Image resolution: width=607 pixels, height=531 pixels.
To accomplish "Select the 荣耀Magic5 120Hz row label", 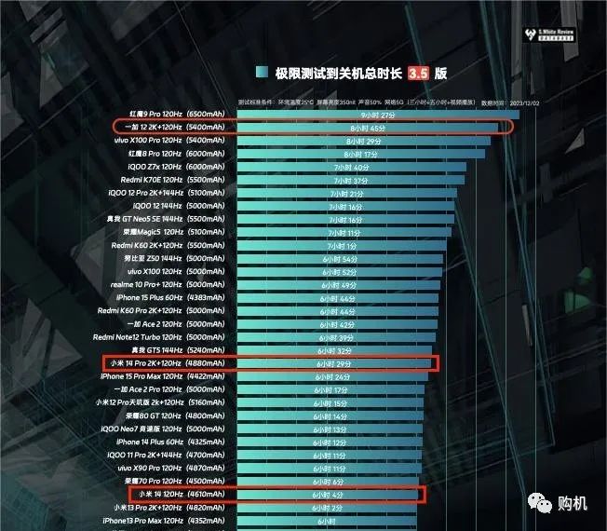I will [x=172, y=232].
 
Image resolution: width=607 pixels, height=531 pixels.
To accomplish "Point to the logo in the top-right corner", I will [x=551, y=16].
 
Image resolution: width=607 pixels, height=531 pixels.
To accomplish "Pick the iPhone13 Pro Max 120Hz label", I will [x=168, y=520].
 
